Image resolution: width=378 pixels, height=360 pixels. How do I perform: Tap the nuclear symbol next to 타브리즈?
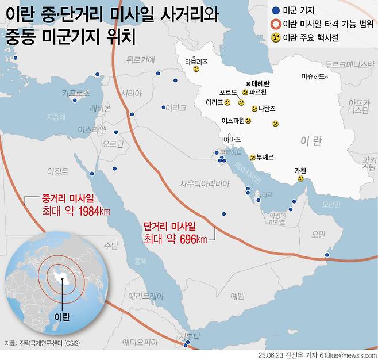[x=196, y=68]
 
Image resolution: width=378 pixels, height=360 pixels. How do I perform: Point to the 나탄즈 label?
[x=267, y=108]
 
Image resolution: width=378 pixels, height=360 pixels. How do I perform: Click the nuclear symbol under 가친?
[x=300, y=178]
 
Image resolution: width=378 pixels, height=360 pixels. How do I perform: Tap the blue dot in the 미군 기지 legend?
[x=277, y=10]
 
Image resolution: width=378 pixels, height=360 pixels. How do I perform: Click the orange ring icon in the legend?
[x=277, y=24]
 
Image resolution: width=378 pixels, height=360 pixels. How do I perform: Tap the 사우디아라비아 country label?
[x=205, y=183]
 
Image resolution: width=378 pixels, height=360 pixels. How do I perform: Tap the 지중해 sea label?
[x=56, y=116]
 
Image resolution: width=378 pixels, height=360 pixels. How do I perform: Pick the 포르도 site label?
[x=228, y=92]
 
